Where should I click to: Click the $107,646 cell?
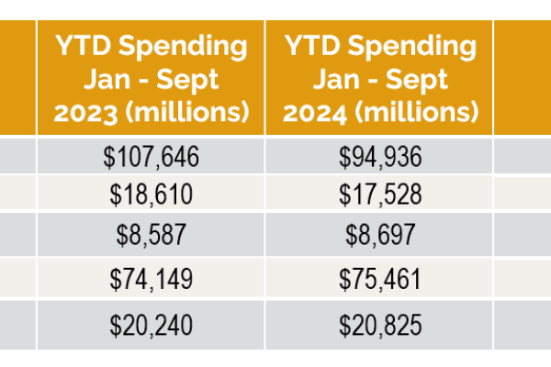pyautogui.click(x=152, y=157)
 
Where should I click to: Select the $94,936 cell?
pyautogui.click(x=379, y=157)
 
